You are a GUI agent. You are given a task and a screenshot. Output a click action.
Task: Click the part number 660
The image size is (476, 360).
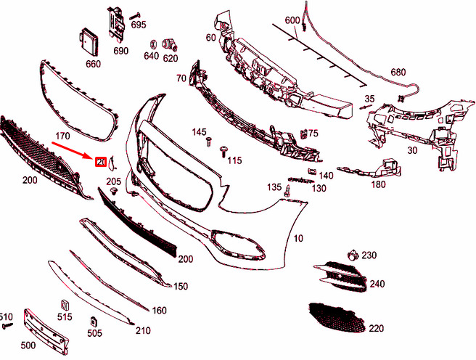(x=93, y=64)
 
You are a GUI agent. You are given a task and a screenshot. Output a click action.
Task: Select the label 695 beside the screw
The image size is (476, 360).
(x=138, y=24)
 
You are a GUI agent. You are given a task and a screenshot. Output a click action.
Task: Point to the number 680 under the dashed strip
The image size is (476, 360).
(x=398, y=72)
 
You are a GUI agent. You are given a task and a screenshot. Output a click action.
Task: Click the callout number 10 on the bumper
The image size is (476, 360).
(x=298, y=238)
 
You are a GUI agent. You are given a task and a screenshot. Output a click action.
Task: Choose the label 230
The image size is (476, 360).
(x=369, y=255)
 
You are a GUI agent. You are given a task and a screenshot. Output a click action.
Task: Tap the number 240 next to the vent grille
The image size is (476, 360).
(x=377, y=284)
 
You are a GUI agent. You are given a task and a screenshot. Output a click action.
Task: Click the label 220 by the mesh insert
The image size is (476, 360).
(x=375, y=328)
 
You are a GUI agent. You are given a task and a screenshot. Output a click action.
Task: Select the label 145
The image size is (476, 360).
(x=199, y=132)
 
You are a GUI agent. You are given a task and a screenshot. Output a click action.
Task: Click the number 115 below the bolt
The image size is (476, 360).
(x=234, y=160)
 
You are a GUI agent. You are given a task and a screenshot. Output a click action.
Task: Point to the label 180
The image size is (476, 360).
(x=378, y=184)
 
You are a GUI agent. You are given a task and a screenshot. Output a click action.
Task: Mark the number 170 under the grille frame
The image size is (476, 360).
(x=62, y=136)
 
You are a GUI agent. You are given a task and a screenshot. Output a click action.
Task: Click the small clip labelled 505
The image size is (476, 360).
(x=94, y=322)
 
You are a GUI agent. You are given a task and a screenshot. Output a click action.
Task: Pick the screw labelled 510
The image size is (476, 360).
(x=8, y=327)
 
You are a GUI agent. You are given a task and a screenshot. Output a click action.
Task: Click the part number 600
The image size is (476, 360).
(x=292, y=20)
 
